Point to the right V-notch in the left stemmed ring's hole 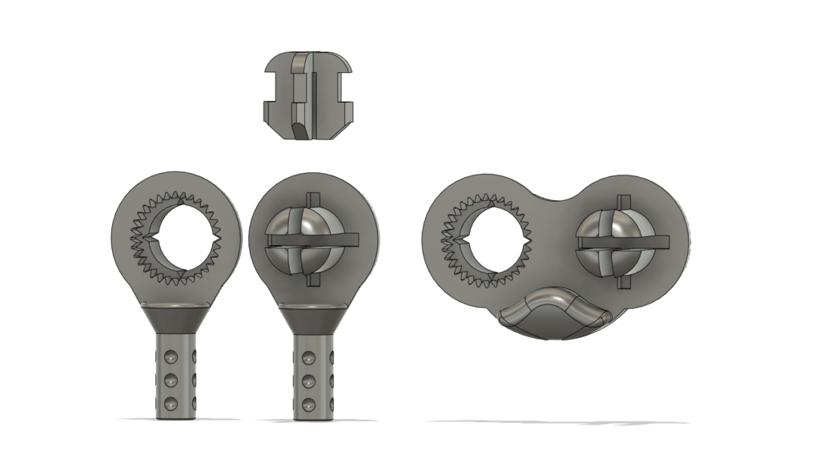(x=215, y=237)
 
